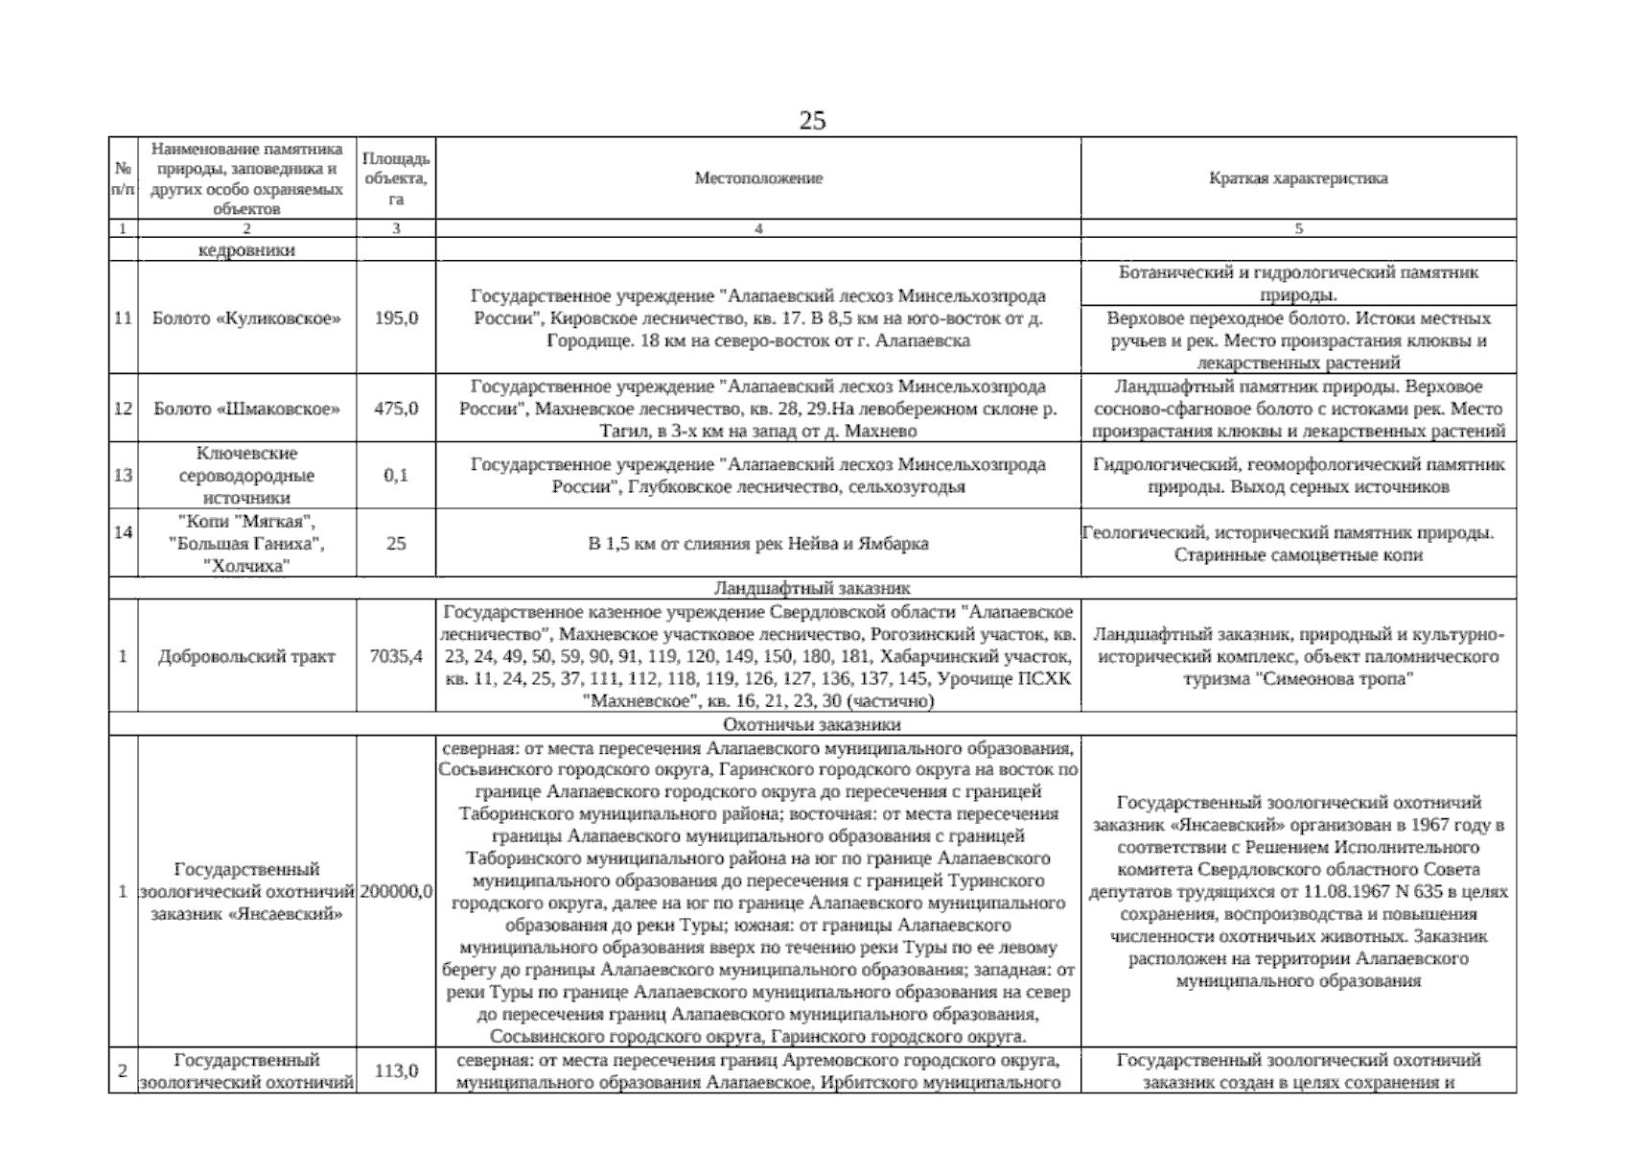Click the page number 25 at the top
[811, 121]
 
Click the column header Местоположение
[757, 178]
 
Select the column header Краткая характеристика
[1298, 178]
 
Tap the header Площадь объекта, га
[396, 178]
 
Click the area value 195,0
[396, 317]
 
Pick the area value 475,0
[396, 409]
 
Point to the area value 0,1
[396, 475]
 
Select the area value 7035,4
[396, 657]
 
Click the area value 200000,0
[396, 892]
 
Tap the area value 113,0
[396, 1071]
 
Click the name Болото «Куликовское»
[246, 317]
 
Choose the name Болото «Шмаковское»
[246, 409]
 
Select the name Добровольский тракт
[246, 657]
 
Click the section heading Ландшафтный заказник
[811, 588]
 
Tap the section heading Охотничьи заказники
[811, 724]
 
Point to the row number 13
[123, 475]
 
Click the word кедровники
[246, 250]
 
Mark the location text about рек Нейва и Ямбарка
[757, 544]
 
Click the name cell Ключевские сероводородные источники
[246, 475]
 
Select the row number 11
[123, 317]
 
